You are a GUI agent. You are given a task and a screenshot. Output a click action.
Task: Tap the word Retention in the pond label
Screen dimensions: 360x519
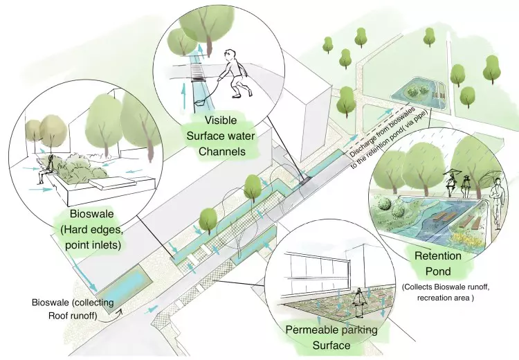(x=437, y=256)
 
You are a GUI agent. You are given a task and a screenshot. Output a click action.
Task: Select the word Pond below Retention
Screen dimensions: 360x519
(x=437, y=270)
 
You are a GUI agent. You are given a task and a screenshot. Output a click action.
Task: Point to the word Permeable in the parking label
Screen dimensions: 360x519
(x=312, y=330)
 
